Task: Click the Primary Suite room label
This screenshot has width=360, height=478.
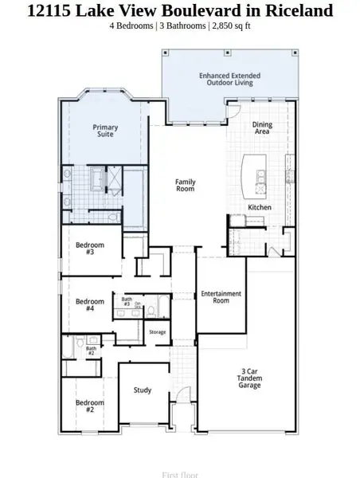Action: pos(105,131)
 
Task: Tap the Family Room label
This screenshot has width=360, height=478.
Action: pos(186,186)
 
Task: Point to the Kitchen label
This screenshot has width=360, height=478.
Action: pos(260,207)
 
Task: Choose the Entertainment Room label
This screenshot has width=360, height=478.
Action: pos(221,297)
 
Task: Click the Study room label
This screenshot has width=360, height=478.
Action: pos(143,390)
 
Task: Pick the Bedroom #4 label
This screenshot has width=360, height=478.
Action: pos(90,305)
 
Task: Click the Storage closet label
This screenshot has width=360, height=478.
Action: pos(158,331)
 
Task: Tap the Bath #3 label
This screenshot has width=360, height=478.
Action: pos(127,302)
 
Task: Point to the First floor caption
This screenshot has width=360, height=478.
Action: pos(180,474)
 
